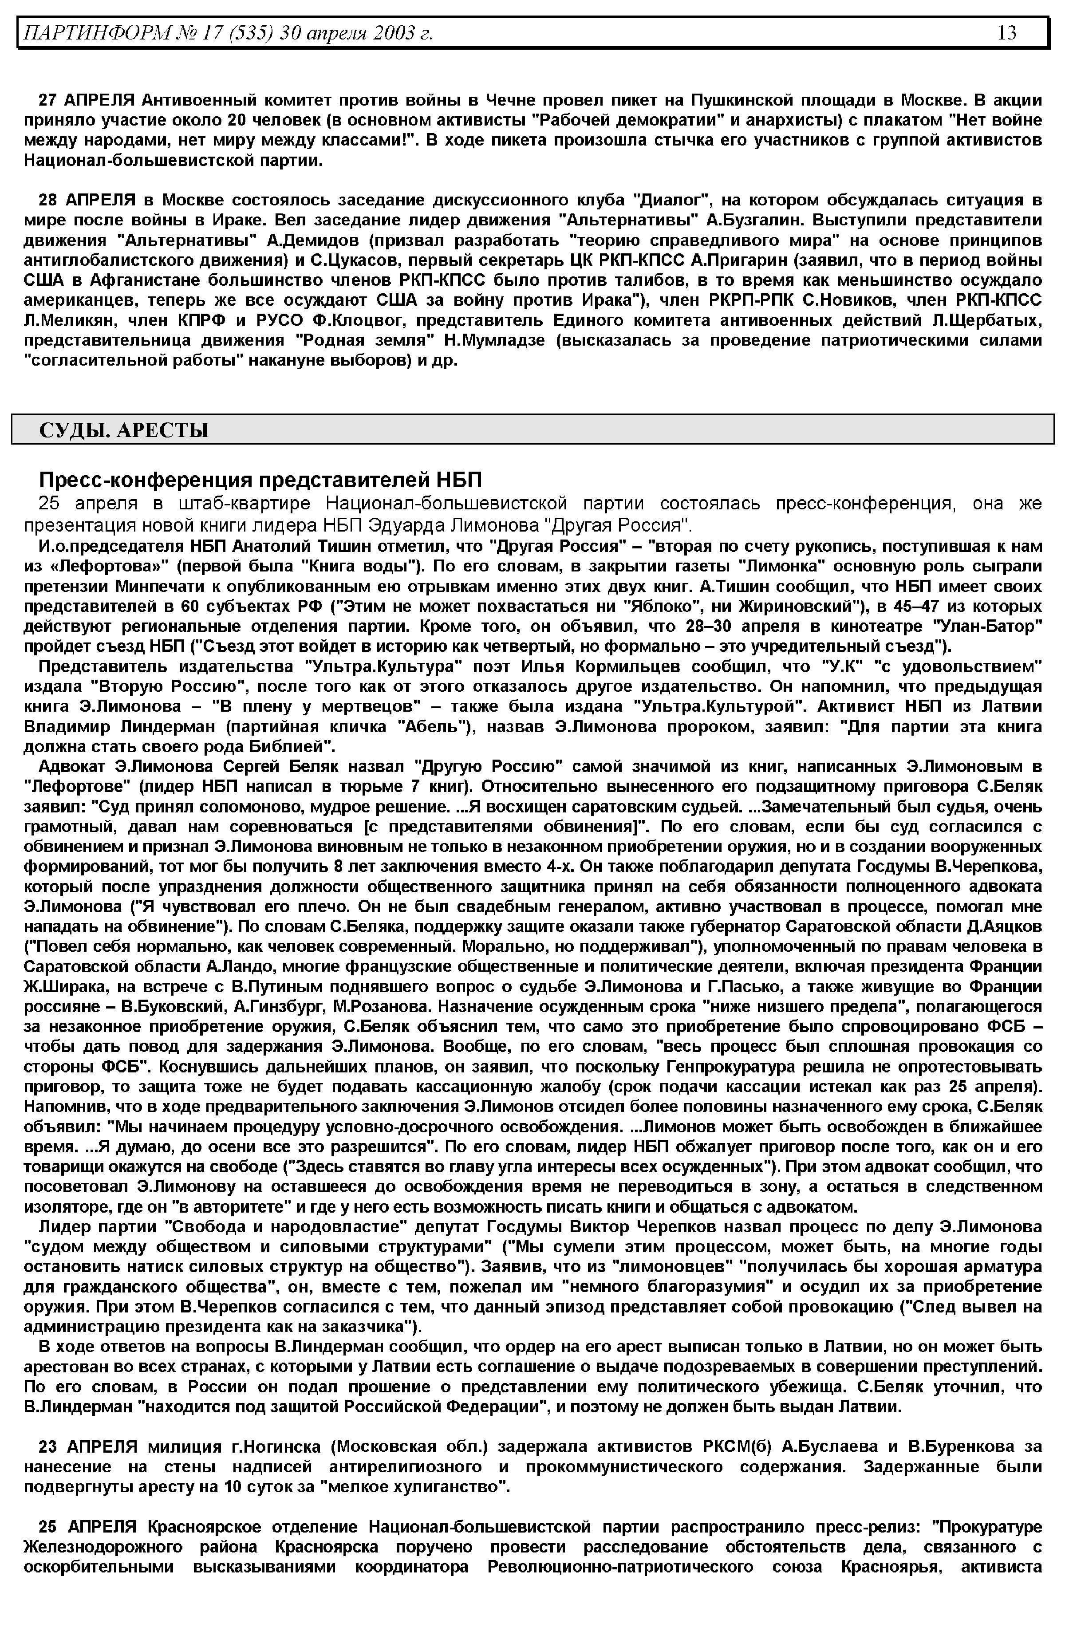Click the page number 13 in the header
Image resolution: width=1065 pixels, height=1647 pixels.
1006,32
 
